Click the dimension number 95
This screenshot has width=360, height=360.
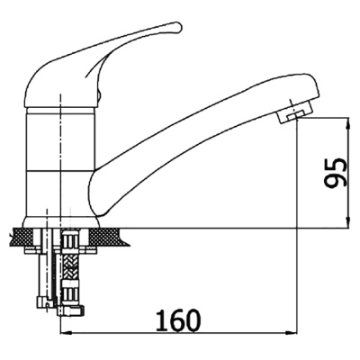[336, 174]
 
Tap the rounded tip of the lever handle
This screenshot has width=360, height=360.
[177, 26]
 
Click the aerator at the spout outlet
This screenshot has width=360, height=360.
[294, 113]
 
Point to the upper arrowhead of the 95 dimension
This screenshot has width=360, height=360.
[348, 124]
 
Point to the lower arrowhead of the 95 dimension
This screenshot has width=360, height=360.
[348, 222]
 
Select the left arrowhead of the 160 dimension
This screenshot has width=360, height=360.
[67, 333]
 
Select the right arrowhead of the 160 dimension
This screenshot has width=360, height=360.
[291, 333]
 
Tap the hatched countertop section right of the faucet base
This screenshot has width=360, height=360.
[109, 236]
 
